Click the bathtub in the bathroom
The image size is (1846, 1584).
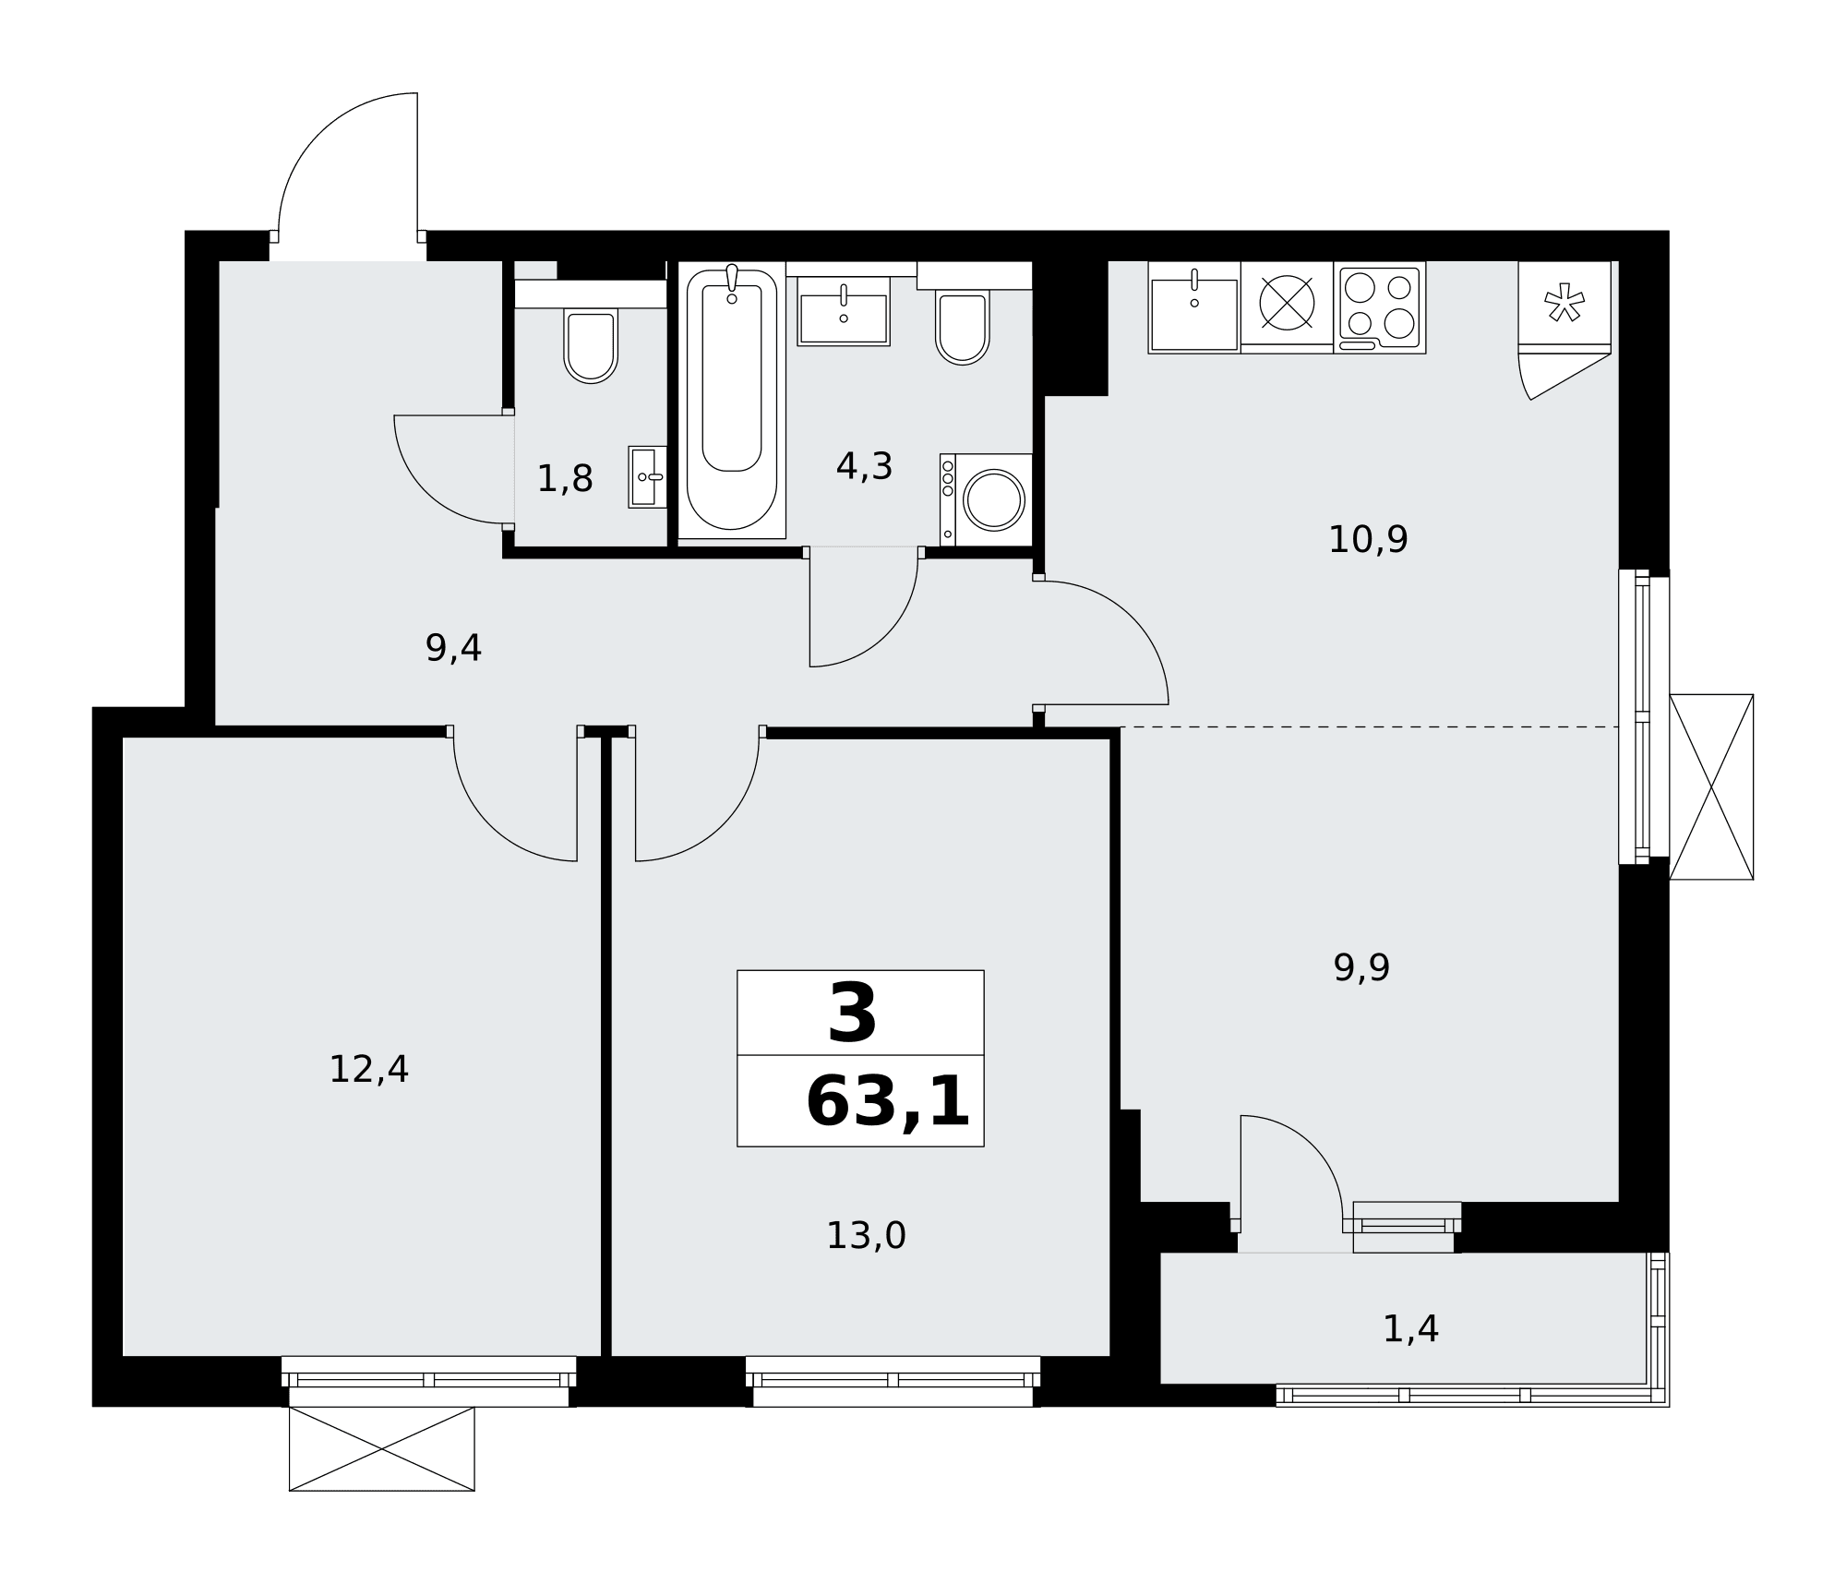click(732, 399)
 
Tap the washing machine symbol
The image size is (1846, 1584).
click(986, 499)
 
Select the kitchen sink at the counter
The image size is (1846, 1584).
click(1194, 307)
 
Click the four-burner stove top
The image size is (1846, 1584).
click(1380, 307)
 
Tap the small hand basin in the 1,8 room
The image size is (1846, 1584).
click(647, 477)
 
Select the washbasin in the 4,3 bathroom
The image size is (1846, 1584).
click(844, 311)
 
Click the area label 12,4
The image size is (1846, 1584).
click(368, 1070)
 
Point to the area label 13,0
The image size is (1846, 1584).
click(866, 1236)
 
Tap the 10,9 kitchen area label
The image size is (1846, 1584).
click(1368, 539)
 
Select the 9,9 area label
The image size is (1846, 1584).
click(1361, 967)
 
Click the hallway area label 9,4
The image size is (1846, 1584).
click(453, 648)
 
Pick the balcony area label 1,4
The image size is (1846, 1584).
click(1410, 1328)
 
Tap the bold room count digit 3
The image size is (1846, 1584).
click(852, 1013)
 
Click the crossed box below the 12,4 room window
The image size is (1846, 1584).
click(382, 1448)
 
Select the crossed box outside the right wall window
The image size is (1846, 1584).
click(1711, 787)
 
